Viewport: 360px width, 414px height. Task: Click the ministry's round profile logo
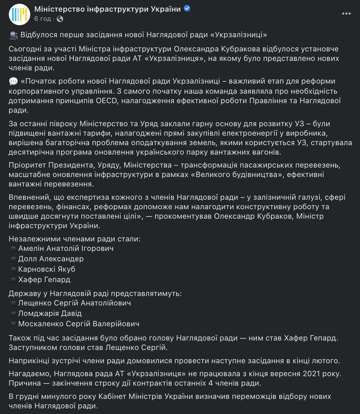coord(19,14)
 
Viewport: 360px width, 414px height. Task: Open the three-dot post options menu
coord(346,14)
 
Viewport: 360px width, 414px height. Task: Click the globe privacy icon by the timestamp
coord(60,19)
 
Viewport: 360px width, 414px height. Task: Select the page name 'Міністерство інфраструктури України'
coord(108,9)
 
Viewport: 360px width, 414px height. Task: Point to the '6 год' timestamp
coord(42,19)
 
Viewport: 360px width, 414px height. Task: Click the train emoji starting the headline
coord(14,35)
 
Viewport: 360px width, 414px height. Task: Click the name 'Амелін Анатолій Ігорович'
coord(66,248)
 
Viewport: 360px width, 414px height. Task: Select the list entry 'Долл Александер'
coord(51,259)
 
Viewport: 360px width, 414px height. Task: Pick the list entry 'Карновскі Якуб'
coord(47,269)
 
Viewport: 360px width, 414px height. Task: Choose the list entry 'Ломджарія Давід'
coord(50,313)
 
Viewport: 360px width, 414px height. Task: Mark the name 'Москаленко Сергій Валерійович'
coord(79,324)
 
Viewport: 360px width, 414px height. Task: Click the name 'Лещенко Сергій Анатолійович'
coord(74,303)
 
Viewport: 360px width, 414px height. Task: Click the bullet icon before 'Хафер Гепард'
coord(13,280)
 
